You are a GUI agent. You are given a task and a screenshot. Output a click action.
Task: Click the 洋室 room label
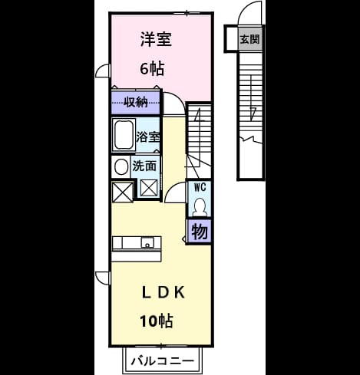pos(156,39)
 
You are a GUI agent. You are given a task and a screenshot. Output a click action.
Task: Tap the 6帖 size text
pos(152,68)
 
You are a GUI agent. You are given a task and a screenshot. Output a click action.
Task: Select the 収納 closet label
pos(136,103)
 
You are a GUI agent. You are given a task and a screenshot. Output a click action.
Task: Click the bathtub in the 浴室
pos(124,135)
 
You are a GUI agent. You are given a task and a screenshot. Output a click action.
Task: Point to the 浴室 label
pos(148,137)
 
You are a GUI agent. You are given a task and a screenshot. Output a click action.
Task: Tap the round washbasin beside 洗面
pos(121,167)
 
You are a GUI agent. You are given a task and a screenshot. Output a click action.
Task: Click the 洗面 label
pos(144,166)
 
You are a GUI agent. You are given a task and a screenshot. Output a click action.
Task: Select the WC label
pos(200,187)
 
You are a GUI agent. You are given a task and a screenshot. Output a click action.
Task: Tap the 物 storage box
pos(200,232)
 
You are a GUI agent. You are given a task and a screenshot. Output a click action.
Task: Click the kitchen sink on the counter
pos(147,242)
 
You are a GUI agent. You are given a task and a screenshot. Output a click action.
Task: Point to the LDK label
pos(163,293)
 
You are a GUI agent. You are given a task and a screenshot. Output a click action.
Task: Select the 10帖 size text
pos(157,321)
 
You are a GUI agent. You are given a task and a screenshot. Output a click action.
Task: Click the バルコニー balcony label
pos(163,361)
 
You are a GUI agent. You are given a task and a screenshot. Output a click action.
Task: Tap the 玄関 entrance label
pos(249,39)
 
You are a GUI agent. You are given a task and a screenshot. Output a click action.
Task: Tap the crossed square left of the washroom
pos(123,192)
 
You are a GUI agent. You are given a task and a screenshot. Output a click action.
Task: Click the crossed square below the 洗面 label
pos(149,188)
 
